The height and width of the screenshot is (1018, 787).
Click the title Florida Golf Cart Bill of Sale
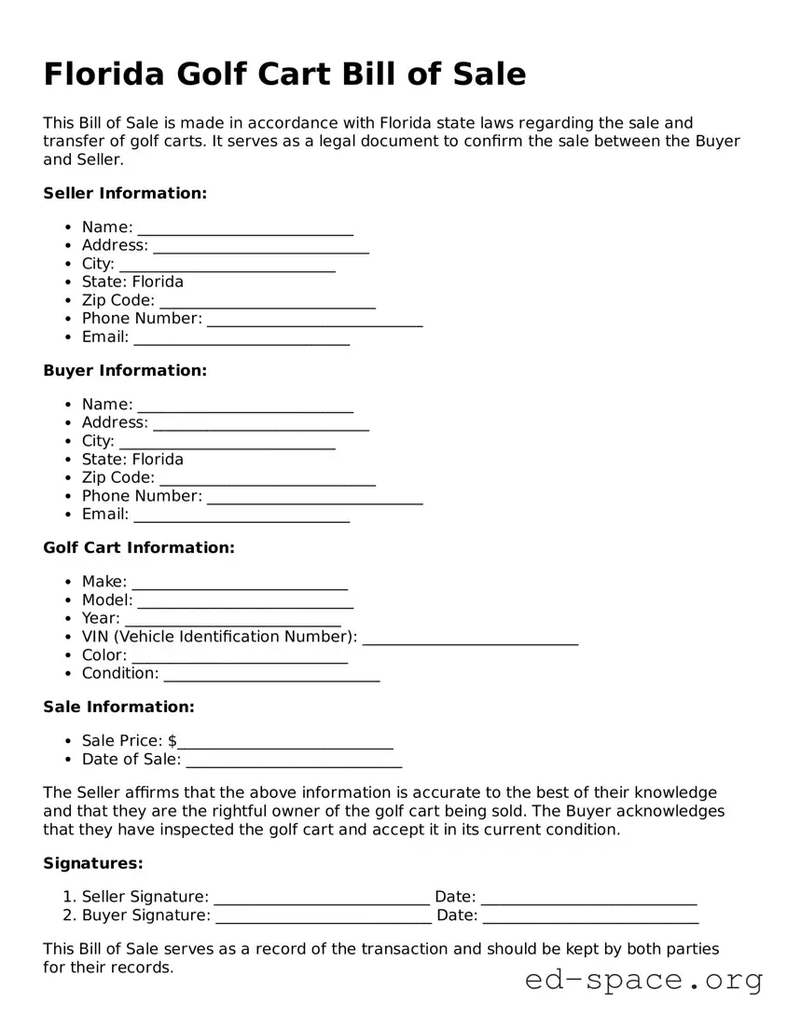click(x=284, y=74)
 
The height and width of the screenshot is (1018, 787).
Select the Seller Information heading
click(x=125, y=193)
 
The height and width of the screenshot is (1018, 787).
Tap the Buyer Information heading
click(x=125, y=370)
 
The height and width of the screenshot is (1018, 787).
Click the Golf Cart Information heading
click(x=139, y=547)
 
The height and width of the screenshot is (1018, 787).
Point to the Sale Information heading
click(x=118, y=707)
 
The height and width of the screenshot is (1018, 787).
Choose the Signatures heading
click(x=93, y=863)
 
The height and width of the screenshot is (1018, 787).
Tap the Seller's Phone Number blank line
click(x=315, y=321)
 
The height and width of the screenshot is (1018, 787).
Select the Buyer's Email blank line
click(x=242, y=516)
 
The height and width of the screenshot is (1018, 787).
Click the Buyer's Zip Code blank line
click(x=268, y=480)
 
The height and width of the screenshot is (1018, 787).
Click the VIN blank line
click(x=470, y=639)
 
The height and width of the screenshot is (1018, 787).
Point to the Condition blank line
click(x=271, y=675)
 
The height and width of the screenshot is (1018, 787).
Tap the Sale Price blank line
click(x=285, y=743)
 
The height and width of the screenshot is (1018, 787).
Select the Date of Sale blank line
click(x=294, y=761)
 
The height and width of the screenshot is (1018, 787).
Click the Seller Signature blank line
click(x=322, y=899)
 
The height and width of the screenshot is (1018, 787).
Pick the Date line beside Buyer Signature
click(x=590, y=917)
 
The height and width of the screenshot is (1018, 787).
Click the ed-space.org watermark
click(x=643, y=980)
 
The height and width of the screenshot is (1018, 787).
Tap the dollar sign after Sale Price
click(x=173, y=740)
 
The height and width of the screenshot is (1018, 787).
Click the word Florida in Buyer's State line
click(x=158, y=459)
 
